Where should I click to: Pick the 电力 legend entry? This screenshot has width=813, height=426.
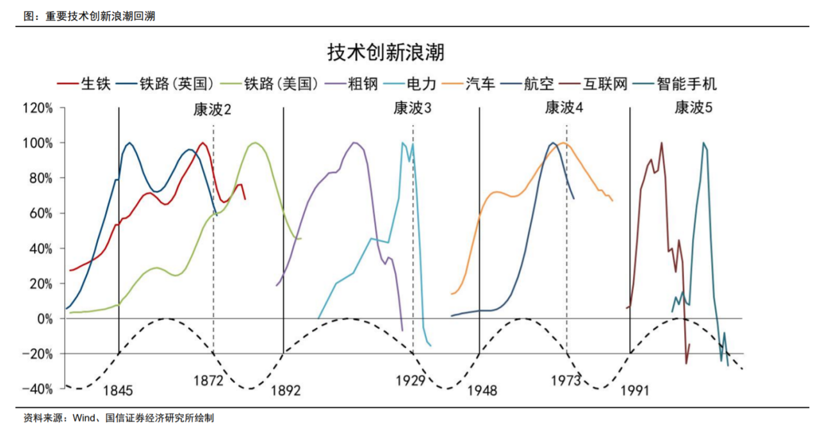pos(422,83)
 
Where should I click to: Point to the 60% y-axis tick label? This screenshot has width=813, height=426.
pos(40,213)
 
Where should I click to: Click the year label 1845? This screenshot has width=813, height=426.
pos(118,390)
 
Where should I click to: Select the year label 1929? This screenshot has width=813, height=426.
pos(410,381)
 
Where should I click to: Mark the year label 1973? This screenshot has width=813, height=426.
pos(566,381)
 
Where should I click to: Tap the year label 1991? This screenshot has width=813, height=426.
pos(635,390)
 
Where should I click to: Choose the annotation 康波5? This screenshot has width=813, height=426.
pos(693,108)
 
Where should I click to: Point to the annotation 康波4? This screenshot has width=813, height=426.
pos(564,108)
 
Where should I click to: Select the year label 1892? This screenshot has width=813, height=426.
pos(285,390)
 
